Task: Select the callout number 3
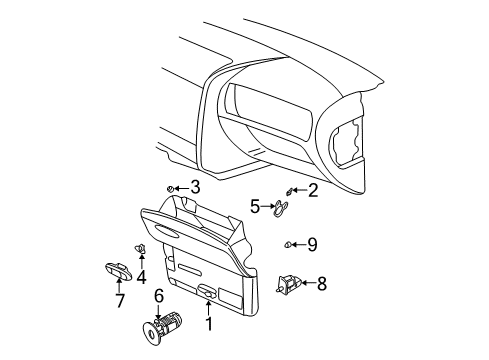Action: (x=195, y=186)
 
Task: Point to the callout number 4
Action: (x=141, y=277)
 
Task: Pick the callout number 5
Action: (x=254, y=207)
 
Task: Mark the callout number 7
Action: (x=119, y=300)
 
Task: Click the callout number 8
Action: (x=321, y=283)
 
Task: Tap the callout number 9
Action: (x=312, y=243)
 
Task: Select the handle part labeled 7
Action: (x=113, y=268)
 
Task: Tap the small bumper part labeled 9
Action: (x=286, y=243)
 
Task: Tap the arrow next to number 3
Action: (x=183, y=186)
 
